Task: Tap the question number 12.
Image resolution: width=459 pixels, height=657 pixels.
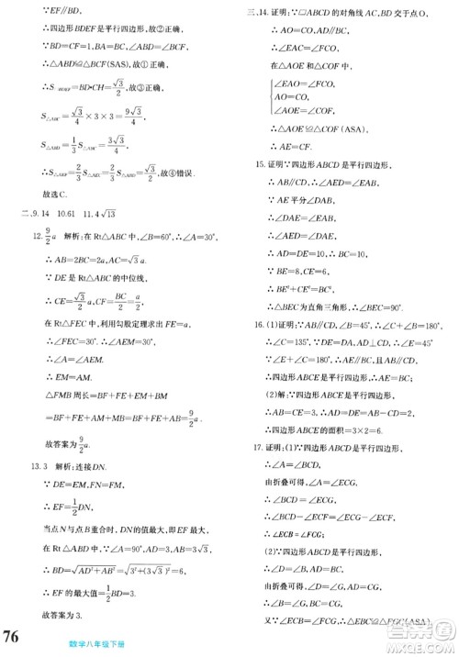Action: (37, 262)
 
